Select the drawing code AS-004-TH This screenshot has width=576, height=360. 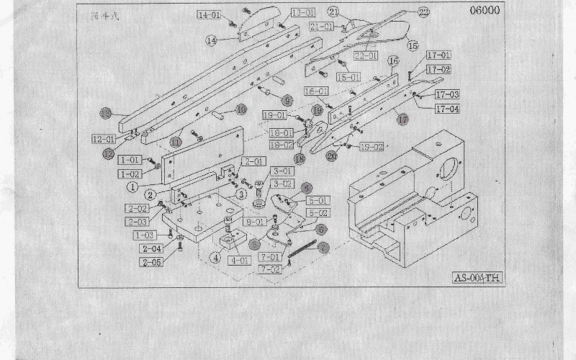(477, 278)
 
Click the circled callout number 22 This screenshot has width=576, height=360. (423, 12)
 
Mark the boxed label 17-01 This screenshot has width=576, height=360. (438, 55)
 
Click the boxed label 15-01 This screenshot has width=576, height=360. (348, 76)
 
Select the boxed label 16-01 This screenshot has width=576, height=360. (315, 91)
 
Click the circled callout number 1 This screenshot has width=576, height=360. (132, 185)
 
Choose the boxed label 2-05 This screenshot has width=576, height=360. (152, 262)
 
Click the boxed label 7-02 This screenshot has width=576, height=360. (272, 269)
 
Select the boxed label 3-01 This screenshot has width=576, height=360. (282, 171)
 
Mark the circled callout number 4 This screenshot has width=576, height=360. (214, 255)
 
